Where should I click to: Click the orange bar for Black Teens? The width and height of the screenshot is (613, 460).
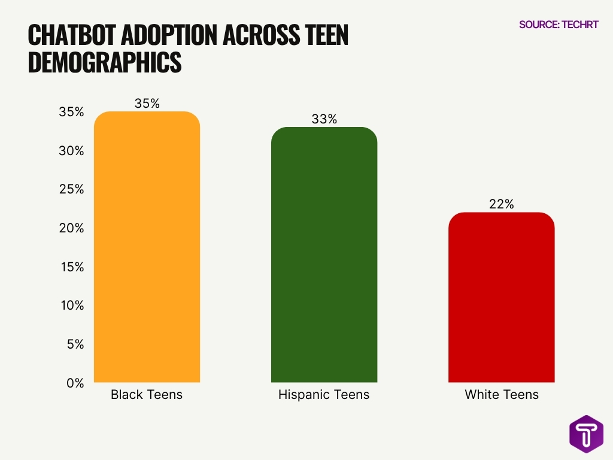point(147,247)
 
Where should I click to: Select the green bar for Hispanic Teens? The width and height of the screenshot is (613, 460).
point(324,255)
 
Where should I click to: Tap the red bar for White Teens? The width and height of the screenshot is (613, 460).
point(501,297)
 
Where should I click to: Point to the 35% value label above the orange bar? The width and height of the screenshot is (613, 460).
point(147,104)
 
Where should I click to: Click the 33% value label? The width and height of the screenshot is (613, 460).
point(324,119)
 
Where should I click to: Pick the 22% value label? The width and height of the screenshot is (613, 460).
point(501,204)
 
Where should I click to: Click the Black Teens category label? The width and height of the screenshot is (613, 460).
point(147,395)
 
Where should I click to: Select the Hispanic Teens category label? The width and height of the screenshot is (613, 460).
point(324,395)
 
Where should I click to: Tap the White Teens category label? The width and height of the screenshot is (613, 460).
point(501,395)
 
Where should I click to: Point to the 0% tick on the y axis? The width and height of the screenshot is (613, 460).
point(74,383)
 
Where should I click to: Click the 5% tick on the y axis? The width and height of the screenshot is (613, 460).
point(74,344)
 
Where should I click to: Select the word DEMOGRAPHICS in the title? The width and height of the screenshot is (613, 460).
point(104,63)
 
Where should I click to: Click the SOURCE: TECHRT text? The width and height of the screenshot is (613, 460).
point(558,25)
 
